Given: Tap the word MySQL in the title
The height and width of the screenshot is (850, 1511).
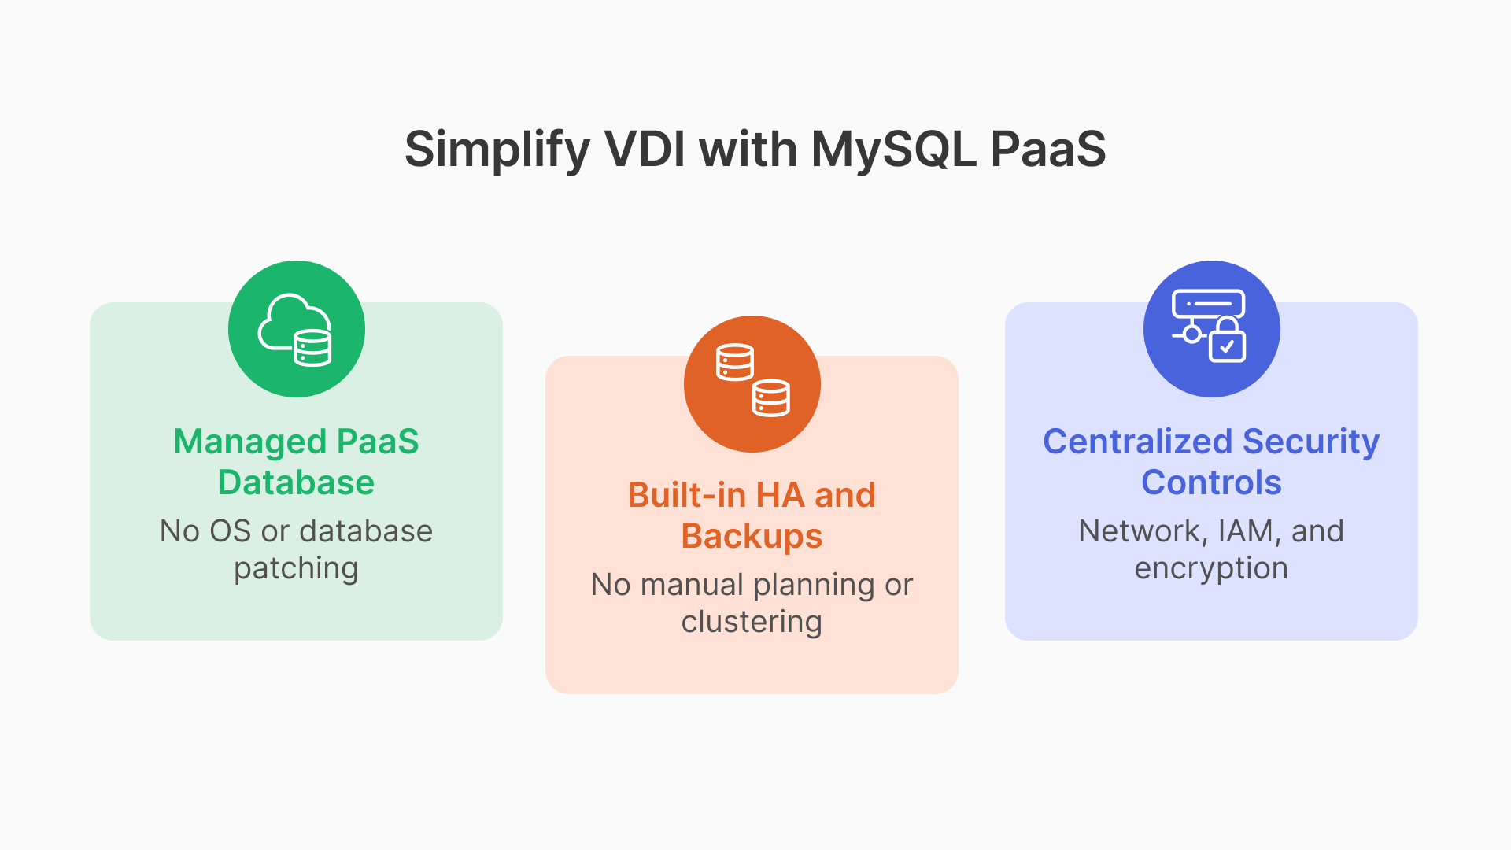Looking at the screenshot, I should pyautogui.click(x=893, y=150).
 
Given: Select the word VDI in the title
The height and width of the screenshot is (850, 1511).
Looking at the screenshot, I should pyautogui.click(x=645, y=150).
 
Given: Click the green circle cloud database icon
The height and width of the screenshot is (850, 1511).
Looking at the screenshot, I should pyautogui.click(x=297, y=329).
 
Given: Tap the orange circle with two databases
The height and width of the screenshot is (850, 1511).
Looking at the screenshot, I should pyautogui.click(x=752, y=384).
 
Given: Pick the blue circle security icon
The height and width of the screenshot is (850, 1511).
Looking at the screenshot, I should pyautogui.click(x=1211, y=329).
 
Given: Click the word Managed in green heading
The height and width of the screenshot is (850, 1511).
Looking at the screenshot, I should pyautogui.click(x=249, y=442).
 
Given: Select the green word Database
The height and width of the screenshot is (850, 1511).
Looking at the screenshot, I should pyautogui.click(x=296, y=482).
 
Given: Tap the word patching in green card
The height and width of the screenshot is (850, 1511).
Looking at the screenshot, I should pyautogui.click(x=296, y=569).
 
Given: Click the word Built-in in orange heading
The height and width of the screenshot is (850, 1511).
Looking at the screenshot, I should pyautogui.click(x=686, y=496).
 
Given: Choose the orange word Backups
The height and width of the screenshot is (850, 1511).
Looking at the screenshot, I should pyautogui.click(x=752, y=537).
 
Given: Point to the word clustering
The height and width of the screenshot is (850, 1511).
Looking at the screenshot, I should pyautogui.click(x=752, y=622).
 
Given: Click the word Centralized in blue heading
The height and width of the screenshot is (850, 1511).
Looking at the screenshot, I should pyautogui.click(x=1136, y=442).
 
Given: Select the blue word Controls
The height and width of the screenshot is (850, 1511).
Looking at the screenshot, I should pyautogui.click(x=1211, y=482).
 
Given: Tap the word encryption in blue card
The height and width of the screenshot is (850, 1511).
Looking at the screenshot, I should pyautogui.click(x=1211, y=569).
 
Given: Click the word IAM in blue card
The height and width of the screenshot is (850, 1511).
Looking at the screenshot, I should pyautogui.click(x=1247, y=531).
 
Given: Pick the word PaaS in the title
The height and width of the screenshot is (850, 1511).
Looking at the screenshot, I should pyautogui.click(x=1047, y=150).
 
